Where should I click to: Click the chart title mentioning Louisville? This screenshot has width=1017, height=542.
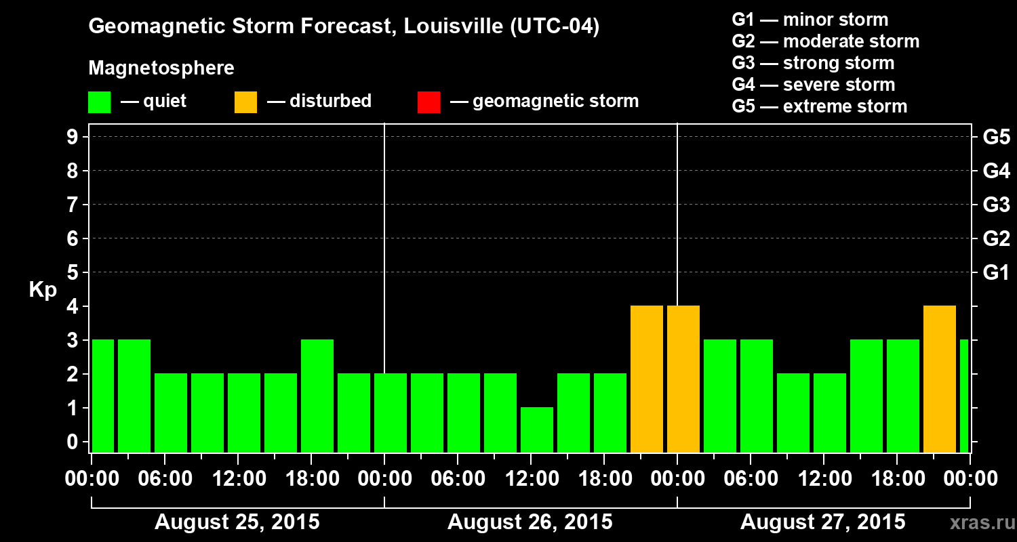[344, 27]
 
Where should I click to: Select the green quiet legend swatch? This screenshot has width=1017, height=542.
[99, 102]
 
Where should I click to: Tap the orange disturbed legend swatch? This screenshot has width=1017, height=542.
[245, 102]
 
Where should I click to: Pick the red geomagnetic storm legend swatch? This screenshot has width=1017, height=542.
[428, 102]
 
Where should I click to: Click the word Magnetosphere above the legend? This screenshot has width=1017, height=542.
[161, 68]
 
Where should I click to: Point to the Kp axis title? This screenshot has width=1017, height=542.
[43, 290]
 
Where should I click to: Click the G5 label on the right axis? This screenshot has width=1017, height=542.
[996, 138]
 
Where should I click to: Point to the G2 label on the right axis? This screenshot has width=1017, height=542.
[996, 239]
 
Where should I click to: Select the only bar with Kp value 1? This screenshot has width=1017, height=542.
[537, 430]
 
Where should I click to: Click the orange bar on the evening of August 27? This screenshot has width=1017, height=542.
[940, 379]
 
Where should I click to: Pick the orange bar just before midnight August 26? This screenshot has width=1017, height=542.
[647, 379]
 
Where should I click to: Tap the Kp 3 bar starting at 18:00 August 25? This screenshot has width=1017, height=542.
[317, 396]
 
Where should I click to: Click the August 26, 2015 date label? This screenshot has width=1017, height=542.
[530, 522]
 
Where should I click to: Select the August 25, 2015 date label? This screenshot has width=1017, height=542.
[237, 522]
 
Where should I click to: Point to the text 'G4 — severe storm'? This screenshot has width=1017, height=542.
[813, 85]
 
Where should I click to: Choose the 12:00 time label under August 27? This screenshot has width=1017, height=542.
[823, 479]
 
